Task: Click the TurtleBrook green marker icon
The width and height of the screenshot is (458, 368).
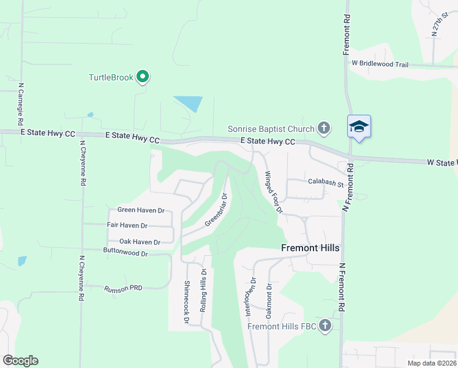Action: (x=143, y=77)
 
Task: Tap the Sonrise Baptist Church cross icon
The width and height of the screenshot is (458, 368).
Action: (x=324, y=128)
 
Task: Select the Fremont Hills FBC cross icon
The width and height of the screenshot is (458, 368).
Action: (x=325, y=325)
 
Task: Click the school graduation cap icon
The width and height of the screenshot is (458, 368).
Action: (x=359, y=127)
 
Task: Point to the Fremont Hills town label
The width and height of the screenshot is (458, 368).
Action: (x=310, y=248)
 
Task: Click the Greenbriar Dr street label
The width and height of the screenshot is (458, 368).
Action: (x=216, y=210)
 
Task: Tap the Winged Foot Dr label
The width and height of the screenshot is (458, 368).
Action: (x=273, y=192)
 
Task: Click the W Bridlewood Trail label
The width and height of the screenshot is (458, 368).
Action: (x=380, y=64)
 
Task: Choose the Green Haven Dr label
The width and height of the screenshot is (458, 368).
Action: (x=141, y=210)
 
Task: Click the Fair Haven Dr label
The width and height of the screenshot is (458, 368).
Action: (x=127, y=226)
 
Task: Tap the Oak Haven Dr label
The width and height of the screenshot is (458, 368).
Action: (x=140, y=242)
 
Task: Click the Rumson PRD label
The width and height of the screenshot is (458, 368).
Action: (x=123, y=288)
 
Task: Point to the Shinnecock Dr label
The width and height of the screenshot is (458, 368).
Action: (x=187, y=302)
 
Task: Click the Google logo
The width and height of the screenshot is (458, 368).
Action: (x=20, y=361)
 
